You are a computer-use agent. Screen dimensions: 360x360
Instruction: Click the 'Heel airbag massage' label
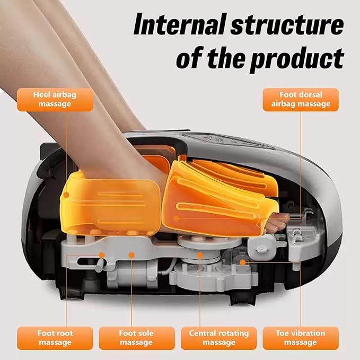coord(55,100)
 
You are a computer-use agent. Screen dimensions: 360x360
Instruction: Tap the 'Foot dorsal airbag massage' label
coord(301,100)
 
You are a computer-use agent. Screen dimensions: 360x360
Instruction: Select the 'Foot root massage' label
coord(55,338)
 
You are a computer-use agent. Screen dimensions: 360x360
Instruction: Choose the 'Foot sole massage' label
coord(137,338)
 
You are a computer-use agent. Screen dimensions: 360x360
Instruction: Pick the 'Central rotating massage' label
coord(219,338)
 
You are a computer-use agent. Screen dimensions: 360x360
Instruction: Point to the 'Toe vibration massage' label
coord(301,338)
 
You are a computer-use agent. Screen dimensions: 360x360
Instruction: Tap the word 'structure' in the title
coord(287,25)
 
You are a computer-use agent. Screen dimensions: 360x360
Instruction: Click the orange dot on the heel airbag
coord(66,195)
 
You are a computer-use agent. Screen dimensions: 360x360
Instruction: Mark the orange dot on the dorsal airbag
coord(176,218)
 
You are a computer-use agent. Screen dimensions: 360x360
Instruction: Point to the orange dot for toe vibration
coord(243,262)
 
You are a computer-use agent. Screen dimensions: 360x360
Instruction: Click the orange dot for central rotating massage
coord(200,255)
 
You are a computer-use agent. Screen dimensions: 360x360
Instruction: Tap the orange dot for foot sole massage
coord(131,255)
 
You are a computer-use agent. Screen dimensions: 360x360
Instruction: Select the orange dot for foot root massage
coord(102,255)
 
